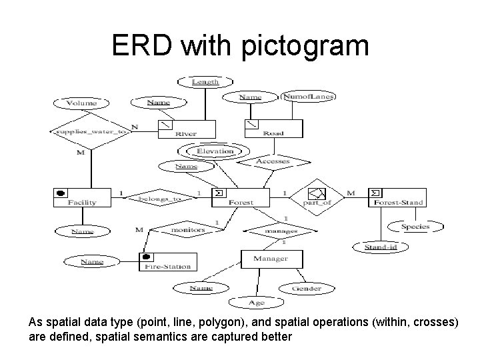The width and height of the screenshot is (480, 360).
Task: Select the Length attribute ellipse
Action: click(205, 81)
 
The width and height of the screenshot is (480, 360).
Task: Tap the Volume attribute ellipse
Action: click(82, 103)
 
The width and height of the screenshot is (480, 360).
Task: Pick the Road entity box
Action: click(273, 129)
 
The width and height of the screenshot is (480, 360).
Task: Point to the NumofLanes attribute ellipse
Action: click(307, 97)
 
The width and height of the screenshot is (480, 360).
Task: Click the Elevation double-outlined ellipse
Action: click(215, 151)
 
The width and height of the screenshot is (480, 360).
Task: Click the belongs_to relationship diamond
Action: click(159, 198)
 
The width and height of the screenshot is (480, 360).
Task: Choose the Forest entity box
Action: click(240, 197)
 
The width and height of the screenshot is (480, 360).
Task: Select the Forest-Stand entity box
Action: click(396, 197)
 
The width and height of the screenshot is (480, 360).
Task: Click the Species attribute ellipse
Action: click(415, 227)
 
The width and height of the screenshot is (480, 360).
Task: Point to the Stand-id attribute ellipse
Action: click(381, 247)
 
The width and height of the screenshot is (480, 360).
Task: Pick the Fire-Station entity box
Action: click(166, 262)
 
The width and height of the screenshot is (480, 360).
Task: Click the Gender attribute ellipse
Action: click(307, 289)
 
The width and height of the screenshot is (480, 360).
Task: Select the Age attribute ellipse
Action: click(257, 303)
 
